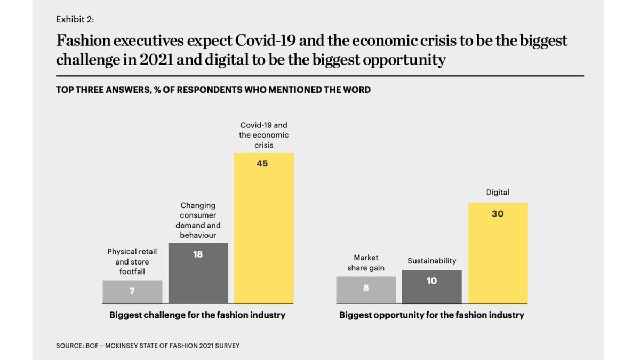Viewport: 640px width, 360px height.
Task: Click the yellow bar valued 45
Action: click(x=264, y=229)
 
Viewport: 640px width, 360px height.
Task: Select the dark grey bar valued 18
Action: click(x=198, y=275)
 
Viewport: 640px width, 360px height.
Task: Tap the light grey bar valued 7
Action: click(x=132, y=292)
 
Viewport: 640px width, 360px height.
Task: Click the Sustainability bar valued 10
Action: click(x=431, y=288)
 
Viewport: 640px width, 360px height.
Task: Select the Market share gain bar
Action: click(x=366, y=290)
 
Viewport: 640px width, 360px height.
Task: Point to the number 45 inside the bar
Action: click(x=262, y=164)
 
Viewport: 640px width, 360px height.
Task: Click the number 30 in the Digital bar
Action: click(x=498, y=214)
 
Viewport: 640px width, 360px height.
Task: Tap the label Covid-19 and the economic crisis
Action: click(x=263, y=135)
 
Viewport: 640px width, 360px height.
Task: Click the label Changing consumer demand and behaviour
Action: click(x=198, y=220)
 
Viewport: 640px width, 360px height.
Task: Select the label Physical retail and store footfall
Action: click(x=132, y=261)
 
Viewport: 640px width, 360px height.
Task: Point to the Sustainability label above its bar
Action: click(x=431, y=261)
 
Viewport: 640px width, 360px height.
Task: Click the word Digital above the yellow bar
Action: click(x=498, y=192)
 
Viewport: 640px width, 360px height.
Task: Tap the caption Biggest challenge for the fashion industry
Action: click(x=197, y=315)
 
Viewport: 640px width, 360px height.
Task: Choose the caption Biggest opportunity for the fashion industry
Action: click(x=431, y=315)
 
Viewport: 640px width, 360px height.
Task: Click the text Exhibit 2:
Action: click(x=75, y=19)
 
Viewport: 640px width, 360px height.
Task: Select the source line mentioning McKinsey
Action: click(x=148, y=346)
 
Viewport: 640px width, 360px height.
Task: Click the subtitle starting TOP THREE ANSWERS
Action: click(x=213, y=90)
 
